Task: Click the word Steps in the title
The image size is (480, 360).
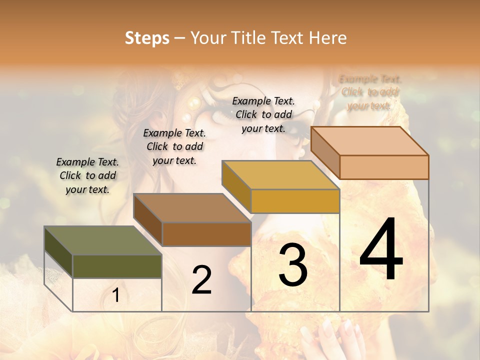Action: [147, 38]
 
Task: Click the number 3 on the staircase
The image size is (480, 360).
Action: [292, 265]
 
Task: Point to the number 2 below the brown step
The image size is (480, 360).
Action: [201, 280]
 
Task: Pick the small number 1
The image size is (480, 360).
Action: [116, 295]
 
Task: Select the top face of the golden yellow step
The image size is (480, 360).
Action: [280, 175]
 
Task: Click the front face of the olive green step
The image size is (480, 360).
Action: [117, 266]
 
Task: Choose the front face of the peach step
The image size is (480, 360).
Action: [384, 167]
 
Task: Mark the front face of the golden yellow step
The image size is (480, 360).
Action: [295, 201]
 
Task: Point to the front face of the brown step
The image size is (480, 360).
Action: [206, 234]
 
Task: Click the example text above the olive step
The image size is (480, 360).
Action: [87, 175]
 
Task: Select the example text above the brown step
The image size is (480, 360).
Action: [174, 146]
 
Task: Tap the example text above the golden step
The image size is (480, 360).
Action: [263, 114]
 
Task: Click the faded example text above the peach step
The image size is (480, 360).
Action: [370, 92]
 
